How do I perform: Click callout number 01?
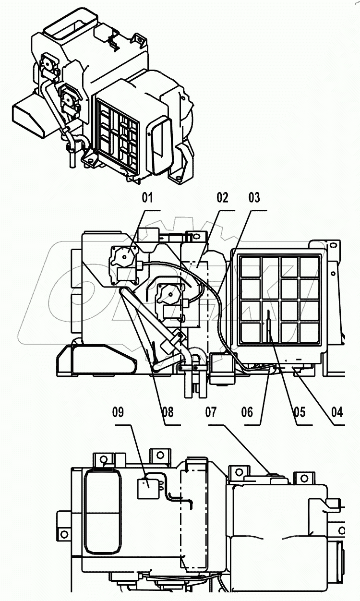[x=147, y=197]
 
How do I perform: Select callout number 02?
[x=222, y=197]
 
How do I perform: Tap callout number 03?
[x=254, y=197]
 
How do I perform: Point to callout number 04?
[x=337, y=412]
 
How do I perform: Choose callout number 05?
[x=300, y=412]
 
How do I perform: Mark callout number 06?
[x=247, y=412]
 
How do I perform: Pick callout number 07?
[x=211, y=412]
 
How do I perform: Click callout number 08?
[x=168, y=412]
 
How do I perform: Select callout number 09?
[x=118, y=412]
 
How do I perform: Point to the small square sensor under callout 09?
[x=147, y=487]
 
